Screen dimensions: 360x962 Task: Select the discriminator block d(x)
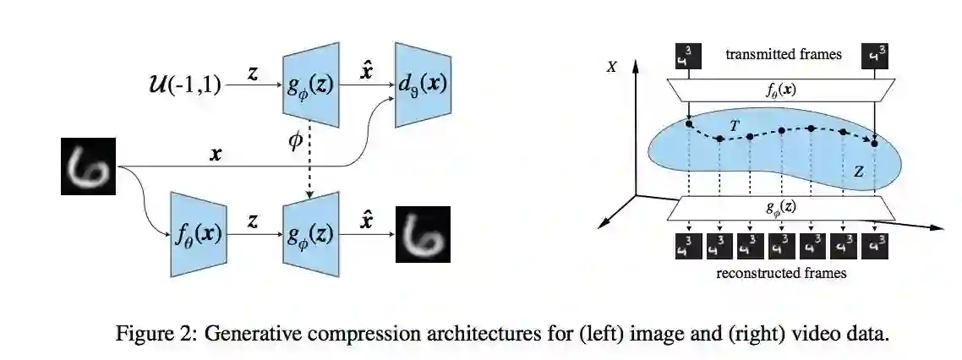coord(422,84)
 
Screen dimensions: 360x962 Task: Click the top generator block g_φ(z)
coord(310,84)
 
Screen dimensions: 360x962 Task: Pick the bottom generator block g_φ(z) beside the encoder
coord(310,234)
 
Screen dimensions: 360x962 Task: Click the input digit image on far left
coord(88,167)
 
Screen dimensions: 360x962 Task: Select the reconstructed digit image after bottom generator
coord(423,234)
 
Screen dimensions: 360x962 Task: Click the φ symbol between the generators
coord(295,142)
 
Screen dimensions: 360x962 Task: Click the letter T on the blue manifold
coord(735,125)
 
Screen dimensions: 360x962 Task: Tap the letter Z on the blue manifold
coord(858,172)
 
